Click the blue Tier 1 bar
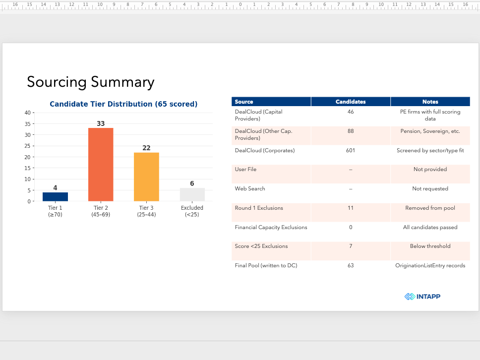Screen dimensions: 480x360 tap(55, 196)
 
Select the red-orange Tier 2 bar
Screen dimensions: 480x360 tap(101, 165)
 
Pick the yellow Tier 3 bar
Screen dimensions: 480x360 tap(146, 177)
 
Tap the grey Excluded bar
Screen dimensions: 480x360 tap(192, 194)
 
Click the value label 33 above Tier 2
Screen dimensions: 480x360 tap(101, 123)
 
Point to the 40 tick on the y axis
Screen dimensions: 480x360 tap(28, 113)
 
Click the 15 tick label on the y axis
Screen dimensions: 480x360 tap(28, 168)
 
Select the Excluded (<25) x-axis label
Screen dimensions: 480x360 tap(192, 211)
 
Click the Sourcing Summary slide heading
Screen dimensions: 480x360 tap(91, 82)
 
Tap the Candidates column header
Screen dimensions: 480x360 tap(351, 102)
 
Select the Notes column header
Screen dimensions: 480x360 tap(430, 102)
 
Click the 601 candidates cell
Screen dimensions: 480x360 tap(351, 150)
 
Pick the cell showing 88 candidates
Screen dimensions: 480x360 tap(351, 131)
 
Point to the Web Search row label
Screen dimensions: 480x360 tap(250, 188)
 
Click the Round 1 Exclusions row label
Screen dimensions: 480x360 tap(259, 208)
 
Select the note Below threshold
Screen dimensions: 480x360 tap(430, 246)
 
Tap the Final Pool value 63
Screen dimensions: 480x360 tap(351, 265)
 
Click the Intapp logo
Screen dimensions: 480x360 tap(422, 297)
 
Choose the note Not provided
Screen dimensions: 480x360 tap(430, 169)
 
